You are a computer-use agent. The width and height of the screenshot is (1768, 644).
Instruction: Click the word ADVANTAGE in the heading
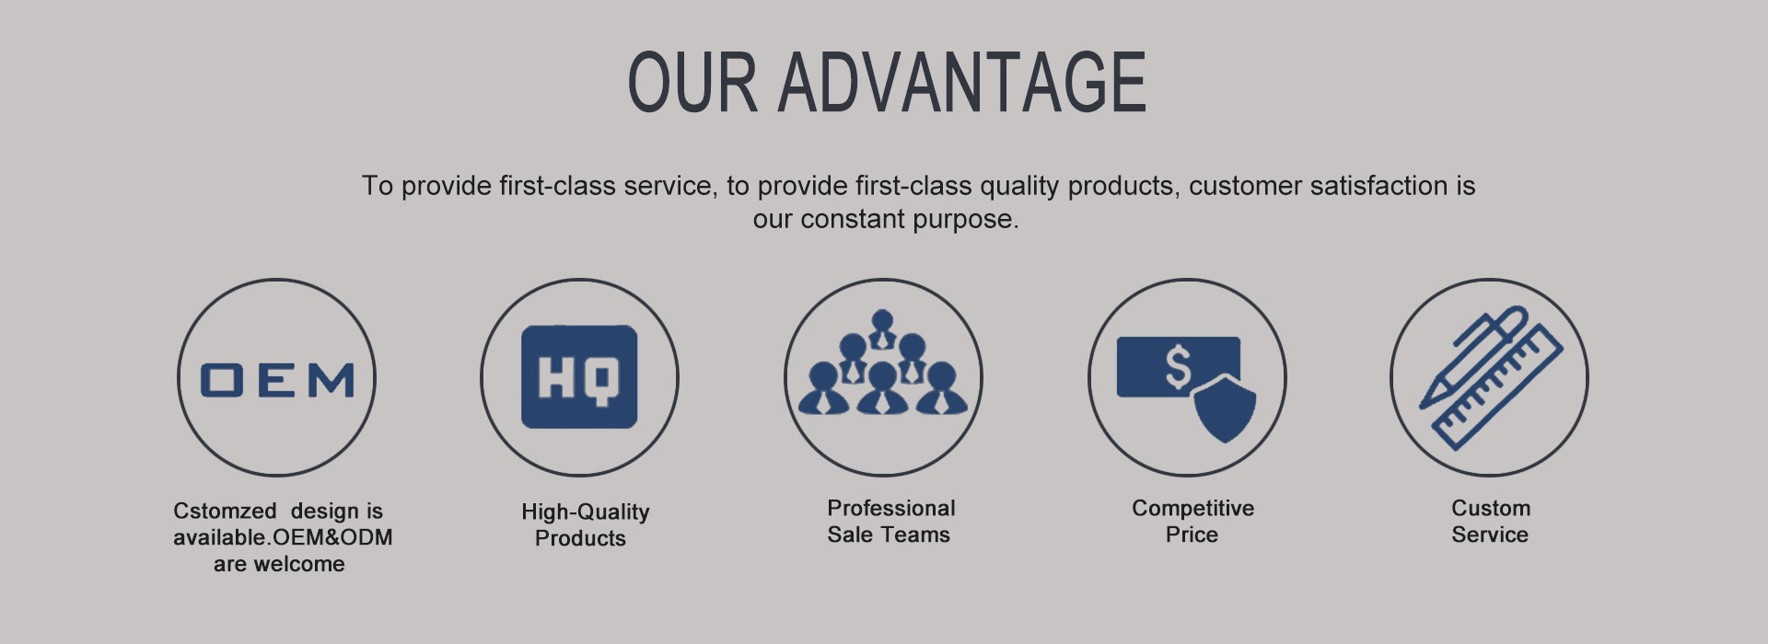point(962,82)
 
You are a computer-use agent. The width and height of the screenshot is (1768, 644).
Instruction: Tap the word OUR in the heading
point(692,82)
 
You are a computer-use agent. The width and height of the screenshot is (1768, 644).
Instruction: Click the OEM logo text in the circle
point(277,380)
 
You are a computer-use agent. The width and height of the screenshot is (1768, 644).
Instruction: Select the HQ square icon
point(579,377)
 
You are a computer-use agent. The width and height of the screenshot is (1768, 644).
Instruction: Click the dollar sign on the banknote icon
point(1178,366)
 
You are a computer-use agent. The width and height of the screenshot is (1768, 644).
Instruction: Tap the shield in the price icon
point(1224,407)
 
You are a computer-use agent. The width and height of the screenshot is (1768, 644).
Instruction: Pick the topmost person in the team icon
point(882,329)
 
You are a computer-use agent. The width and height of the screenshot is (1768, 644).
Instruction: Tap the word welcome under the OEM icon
point(298,564)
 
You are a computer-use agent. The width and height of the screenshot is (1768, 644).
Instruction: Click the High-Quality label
point(586,512)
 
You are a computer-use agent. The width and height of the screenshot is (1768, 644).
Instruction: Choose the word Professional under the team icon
point(891,508)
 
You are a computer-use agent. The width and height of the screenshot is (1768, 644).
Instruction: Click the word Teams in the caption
point(918,535)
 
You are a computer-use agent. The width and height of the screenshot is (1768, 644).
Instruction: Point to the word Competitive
point(1193,509)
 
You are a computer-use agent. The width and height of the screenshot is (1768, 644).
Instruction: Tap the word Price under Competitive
point(1192,535)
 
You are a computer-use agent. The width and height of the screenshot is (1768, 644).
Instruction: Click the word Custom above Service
point(1491,508)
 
